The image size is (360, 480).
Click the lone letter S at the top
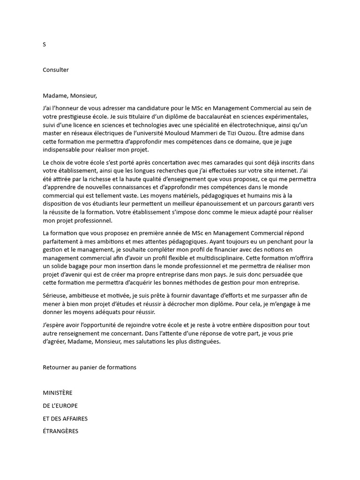pyautogui.click(x=45, y=45)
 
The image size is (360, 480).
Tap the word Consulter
pyautogui.click(x=56, y=70)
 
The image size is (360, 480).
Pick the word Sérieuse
pyautogui.click(x=55, y=295)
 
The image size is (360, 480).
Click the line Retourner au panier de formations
pyautogui.click(x=90, y=367)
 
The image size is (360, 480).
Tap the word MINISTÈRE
pyautogui.click(x=58, y=393)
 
